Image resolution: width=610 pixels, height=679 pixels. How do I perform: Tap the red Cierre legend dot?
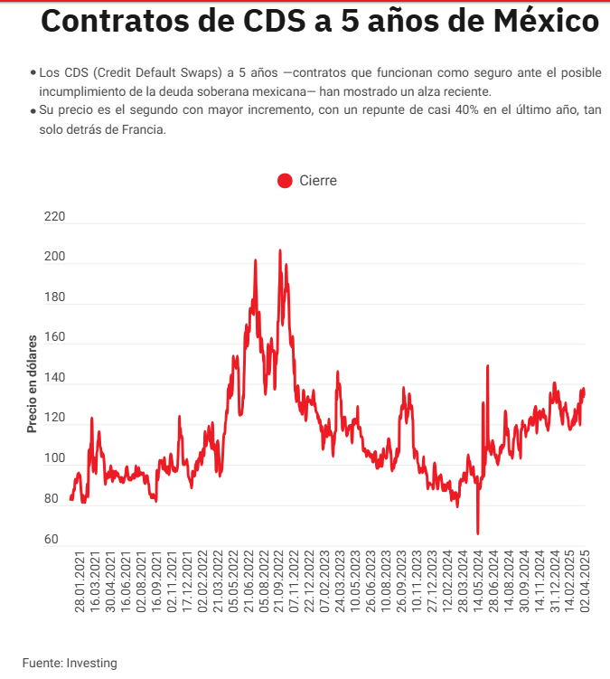[285, 181]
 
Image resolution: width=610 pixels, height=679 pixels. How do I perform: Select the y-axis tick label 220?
[54, 217]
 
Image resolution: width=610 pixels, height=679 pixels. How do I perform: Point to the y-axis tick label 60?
[51, 540]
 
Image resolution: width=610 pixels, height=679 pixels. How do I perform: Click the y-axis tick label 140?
[54, 378]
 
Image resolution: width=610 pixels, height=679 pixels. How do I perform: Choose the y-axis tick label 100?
[54, 458]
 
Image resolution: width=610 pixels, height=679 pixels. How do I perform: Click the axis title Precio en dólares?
[32, 384]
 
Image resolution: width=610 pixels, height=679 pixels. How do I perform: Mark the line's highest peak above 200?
[279, 250]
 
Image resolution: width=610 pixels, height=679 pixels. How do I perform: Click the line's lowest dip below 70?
[478, 533]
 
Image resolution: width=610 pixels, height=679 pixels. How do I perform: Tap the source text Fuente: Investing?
[70, 663]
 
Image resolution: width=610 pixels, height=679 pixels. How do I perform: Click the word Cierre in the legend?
[317, 181]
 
